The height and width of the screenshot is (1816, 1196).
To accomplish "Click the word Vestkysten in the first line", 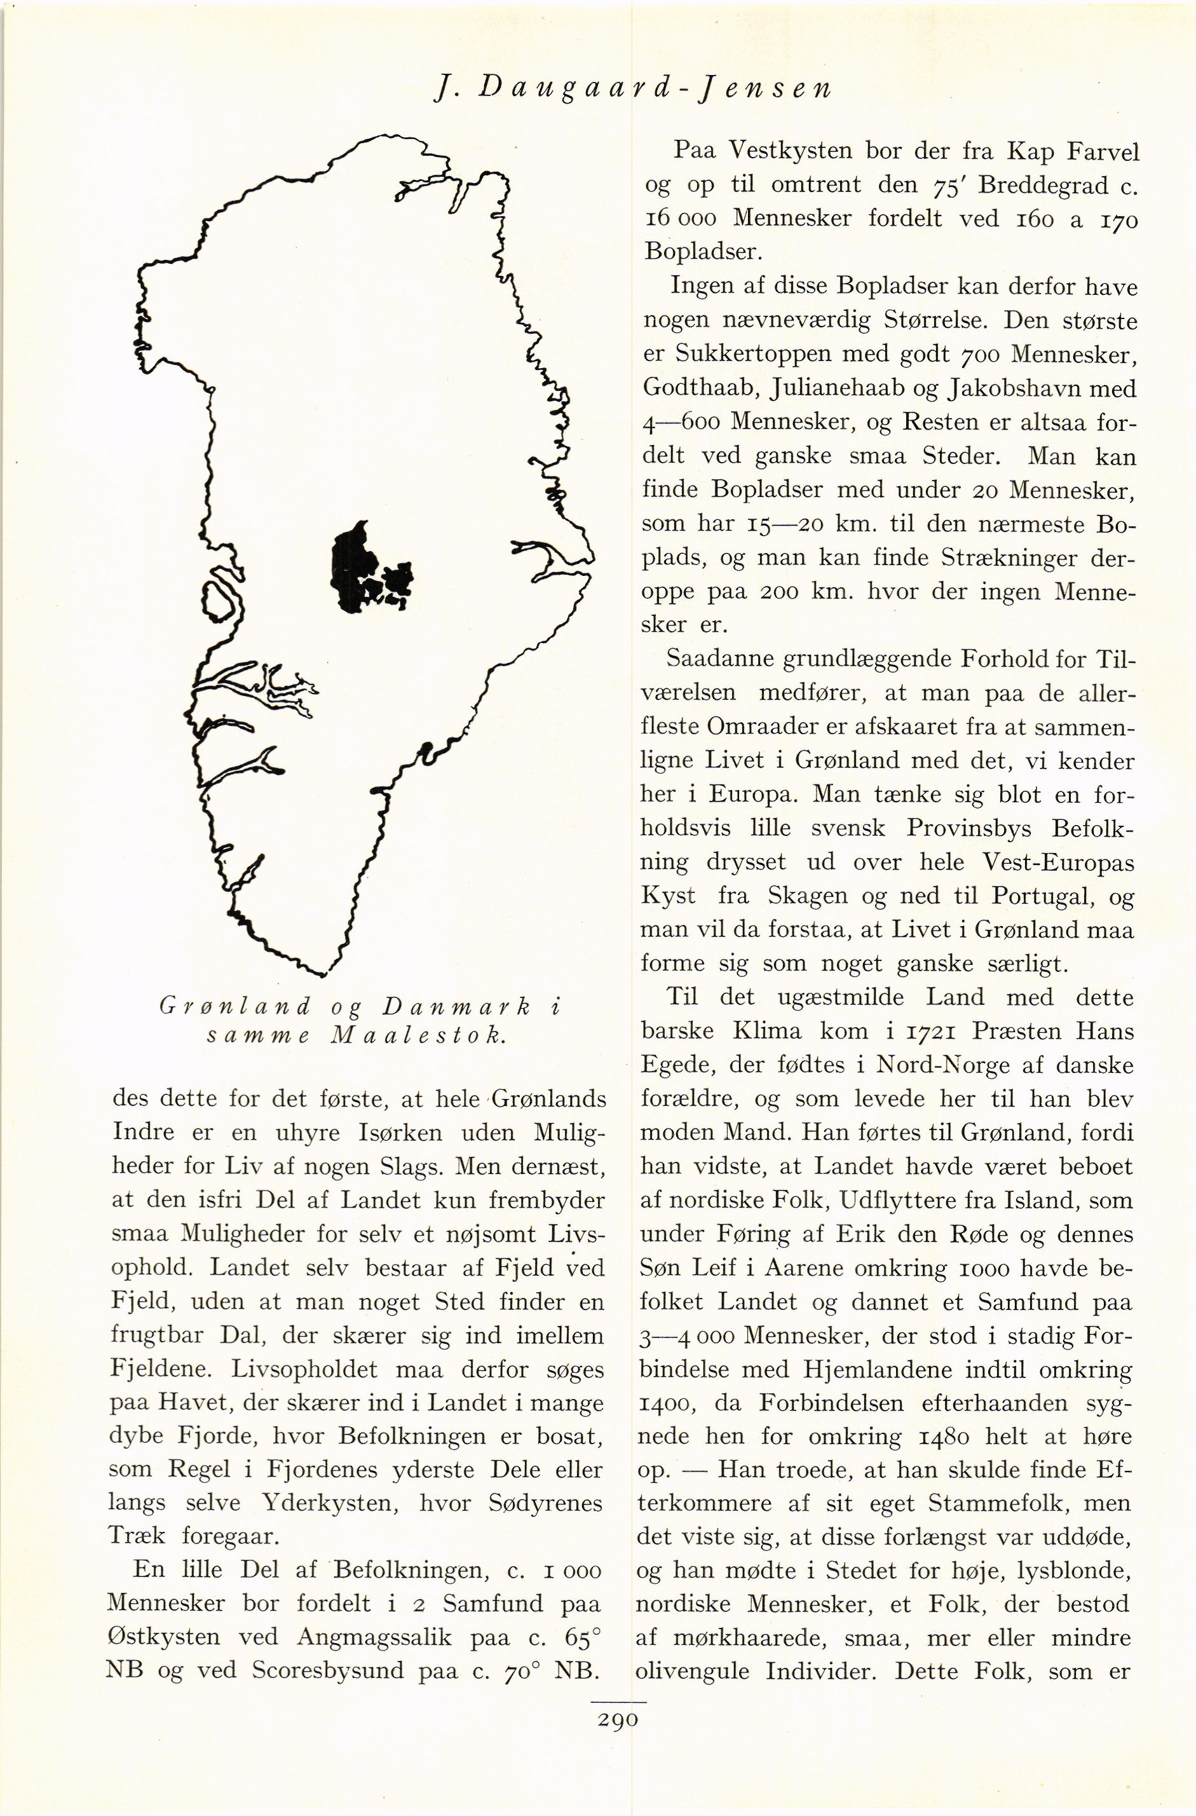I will click(x=791, y=151).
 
